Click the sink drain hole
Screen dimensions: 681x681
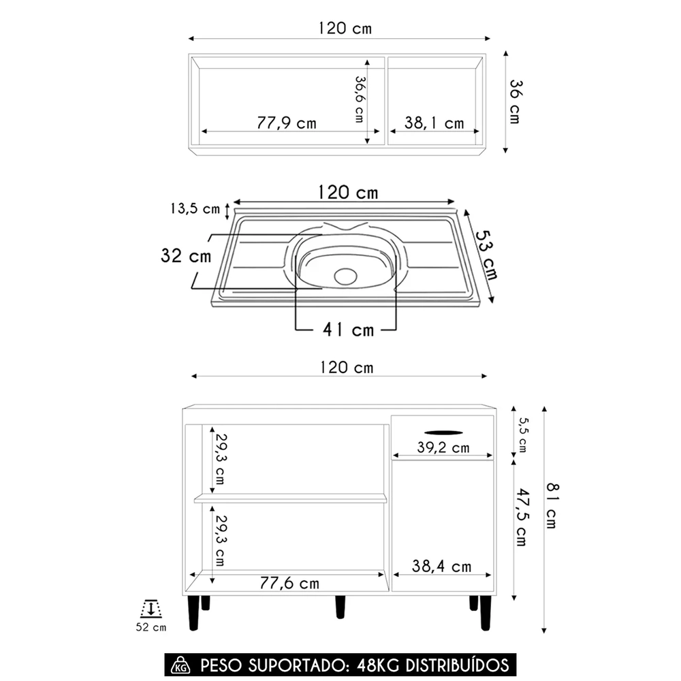346,276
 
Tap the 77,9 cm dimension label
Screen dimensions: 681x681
287,123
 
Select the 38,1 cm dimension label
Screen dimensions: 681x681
434,123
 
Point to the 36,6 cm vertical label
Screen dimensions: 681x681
359,99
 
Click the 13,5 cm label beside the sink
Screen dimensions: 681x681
195,209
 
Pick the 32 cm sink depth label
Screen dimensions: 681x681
186,256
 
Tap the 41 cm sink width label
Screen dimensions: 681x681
348,330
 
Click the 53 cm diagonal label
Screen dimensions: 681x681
486,255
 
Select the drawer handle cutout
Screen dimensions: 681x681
442,430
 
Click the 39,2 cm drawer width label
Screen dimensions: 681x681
442,447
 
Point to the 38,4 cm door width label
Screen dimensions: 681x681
442,566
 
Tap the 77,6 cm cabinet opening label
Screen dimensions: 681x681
289,583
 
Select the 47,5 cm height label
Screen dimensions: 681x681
521,516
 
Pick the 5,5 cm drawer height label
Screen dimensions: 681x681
522,434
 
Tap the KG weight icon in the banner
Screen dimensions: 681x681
181,665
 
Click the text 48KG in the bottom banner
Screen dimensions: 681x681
376,665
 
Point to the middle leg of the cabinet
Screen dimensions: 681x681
340,606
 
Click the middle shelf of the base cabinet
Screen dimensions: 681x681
290,498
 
